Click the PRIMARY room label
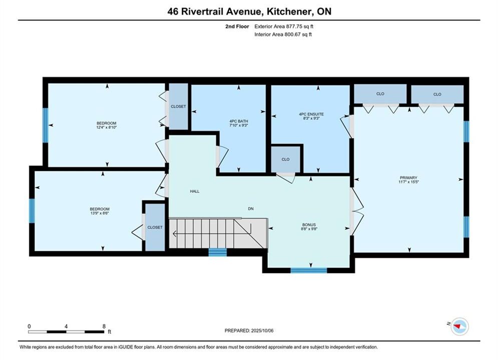408,177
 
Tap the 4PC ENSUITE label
311,114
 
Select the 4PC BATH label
239,121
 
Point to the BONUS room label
309,224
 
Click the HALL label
195,191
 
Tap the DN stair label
251,208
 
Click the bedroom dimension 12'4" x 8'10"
107,127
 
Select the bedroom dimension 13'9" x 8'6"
100,213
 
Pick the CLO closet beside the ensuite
285,159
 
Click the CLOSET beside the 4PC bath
178,106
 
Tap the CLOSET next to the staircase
155,227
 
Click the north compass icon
459,326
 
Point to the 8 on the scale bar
104,326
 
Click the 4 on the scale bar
66,326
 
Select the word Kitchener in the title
289,11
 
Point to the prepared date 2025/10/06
262,330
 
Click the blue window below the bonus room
309,270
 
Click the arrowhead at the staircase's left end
175,234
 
